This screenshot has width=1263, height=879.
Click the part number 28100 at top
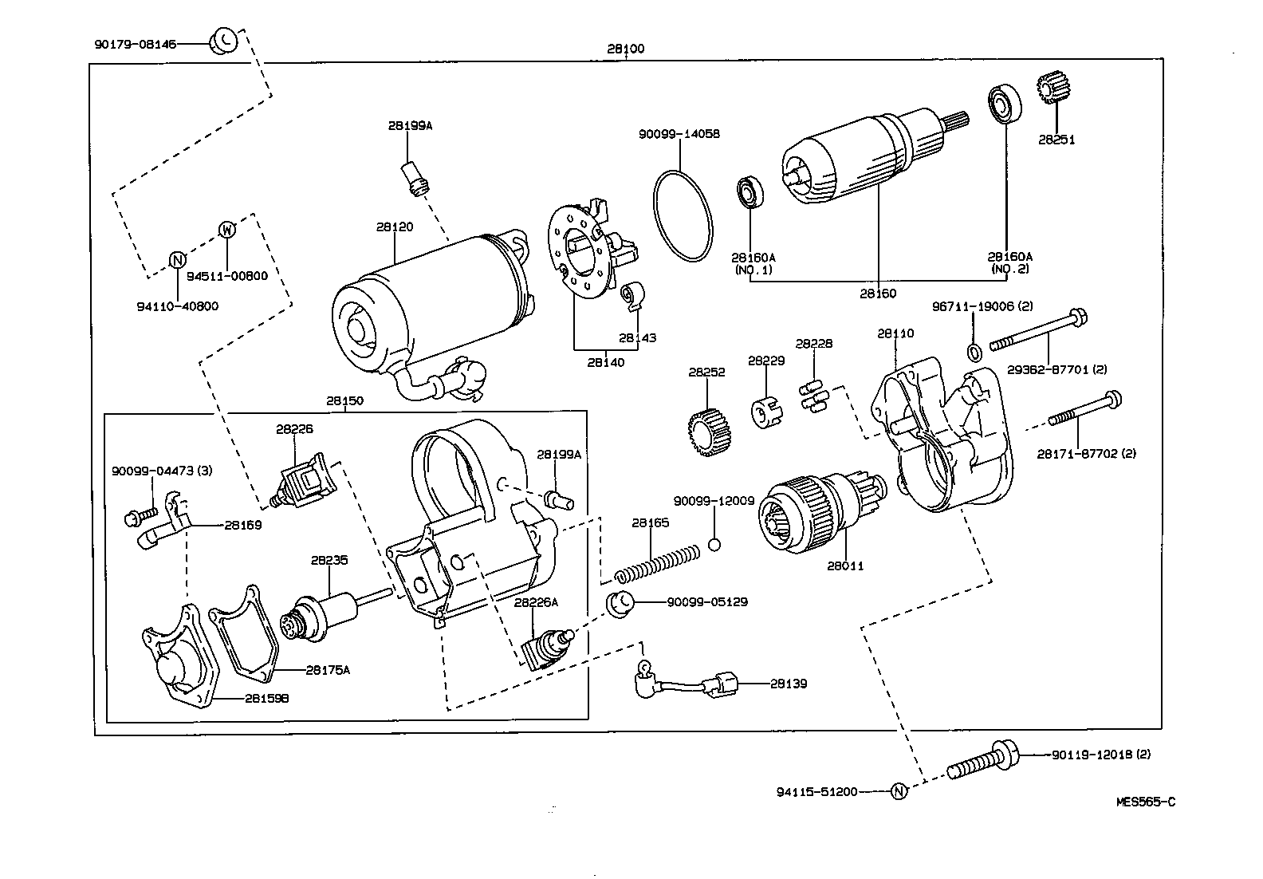(x=625, y=49)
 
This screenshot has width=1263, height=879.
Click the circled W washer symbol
(x=227, y=231)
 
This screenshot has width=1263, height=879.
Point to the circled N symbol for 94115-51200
(x=899, y=791)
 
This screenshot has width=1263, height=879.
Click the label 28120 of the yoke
(x=395, y=227)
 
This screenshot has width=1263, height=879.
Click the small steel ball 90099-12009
(x=714, y=545)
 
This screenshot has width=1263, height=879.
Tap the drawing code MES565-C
(x=1145, y=802)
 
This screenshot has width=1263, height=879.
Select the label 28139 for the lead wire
(x=789, y=684)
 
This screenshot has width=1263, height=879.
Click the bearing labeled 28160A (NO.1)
(x=750, y=192)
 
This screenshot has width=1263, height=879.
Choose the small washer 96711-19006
(x=974, y=352)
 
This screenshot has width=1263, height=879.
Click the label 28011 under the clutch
(x=845, y=566)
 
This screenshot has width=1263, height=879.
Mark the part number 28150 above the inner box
(x=344, y=400)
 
